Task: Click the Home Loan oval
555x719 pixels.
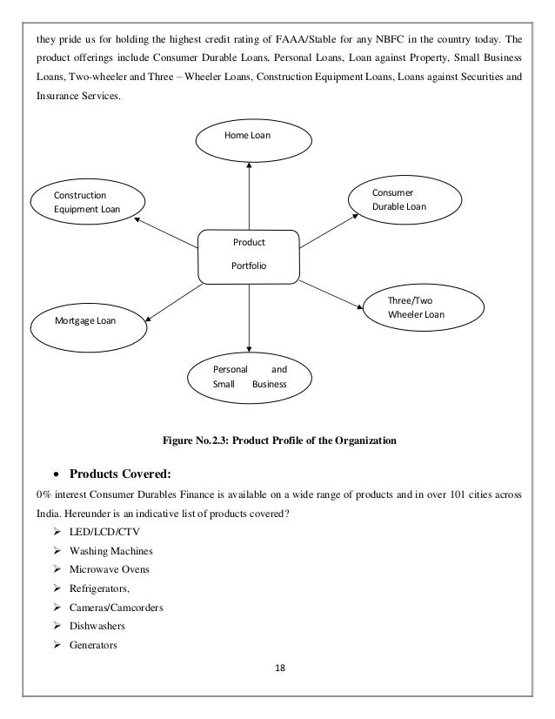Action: coord(250,138)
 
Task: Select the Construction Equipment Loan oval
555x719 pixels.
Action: coord(85,201)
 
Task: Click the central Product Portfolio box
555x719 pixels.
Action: coord(250,257)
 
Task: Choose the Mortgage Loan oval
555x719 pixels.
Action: coord(85,320)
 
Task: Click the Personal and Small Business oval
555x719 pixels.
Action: coord(250,375)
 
